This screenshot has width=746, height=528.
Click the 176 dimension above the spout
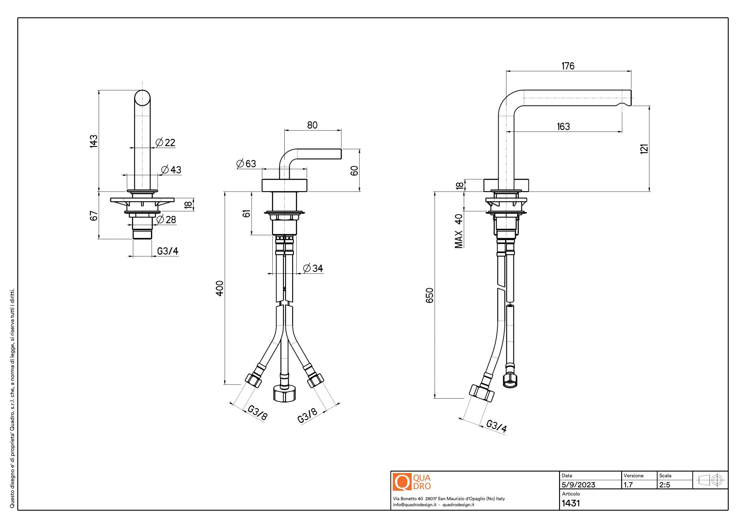point(568,66)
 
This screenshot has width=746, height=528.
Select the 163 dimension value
point(563,127)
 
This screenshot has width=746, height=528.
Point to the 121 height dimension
point(644,148)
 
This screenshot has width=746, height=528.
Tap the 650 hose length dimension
point(429,295)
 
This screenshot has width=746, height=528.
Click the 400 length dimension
point(220,288)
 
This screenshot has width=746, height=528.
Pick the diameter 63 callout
point(247,164)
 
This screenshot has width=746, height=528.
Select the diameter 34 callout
point(313,268)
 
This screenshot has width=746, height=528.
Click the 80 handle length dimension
point(312,125)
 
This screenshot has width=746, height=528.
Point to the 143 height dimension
point(94,141)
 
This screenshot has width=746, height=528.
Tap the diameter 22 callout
point(166,143)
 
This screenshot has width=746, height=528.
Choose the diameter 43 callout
point(171,170)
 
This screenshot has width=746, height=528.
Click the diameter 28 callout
point(166,219)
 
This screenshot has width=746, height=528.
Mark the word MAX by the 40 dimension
point(459,239)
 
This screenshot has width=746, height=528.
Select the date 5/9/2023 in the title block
point(578,485)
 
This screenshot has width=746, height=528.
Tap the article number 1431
point(571,503)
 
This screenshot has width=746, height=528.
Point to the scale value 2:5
point(665,485)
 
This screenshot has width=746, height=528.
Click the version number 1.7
point(628,485)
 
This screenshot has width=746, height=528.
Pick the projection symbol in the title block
point(710,480)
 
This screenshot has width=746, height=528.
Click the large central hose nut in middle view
point(284,393)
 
